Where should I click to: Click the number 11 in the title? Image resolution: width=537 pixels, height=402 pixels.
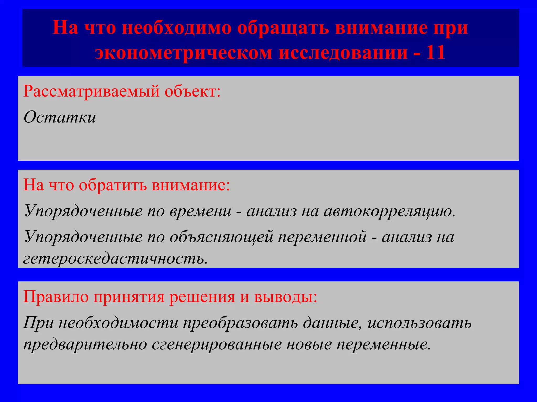pos(436,52)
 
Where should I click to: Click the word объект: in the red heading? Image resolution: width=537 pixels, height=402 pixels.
pos(193,92)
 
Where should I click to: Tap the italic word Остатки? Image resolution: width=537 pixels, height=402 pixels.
pos(60,117)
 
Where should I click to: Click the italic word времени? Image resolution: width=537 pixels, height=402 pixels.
pos(200,211)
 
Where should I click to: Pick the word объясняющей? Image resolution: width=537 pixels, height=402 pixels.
pos(221,237)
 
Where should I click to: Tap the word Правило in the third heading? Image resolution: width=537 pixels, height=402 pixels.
pos(56,297)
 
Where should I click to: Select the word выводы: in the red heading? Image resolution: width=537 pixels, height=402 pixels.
pos(286,297)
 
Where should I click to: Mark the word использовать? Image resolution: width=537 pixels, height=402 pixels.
pos(420,323)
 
